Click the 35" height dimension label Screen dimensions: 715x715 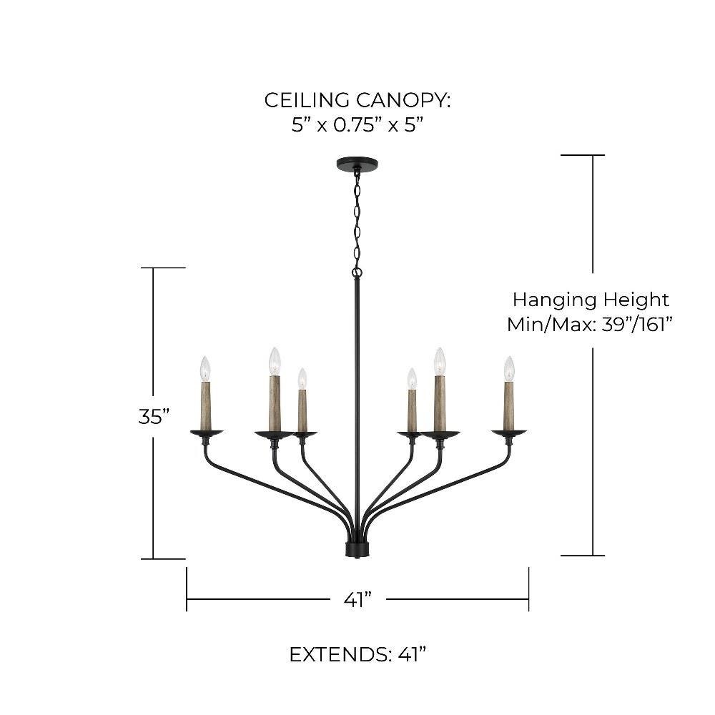[154, 416]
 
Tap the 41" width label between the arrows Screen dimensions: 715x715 [357, 598]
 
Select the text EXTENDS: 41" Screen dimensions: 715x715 [357, 654]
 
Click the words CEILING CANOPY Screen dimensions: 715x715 [357, 100]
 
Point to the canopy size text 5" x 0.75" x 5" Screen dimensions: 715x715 [357, 125]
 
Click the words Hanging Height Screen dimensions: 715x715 [591, 299]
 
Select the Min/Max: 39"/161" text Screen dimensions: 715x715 [591, 324]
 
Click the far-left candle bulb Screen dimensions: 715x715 [205, 368]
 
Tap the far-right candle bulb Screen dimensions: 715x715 [509, 368]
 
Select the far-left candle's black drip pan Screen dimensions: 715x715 [206, 432]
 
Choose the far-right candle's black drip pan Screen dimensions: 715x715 [509, 432]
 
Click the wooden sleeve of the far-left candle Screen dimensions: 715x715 [206, 405]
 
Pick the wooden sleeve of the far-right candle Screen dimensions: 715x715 [509, 405]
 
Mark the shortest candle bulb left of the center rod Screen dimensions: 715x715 [302, 378]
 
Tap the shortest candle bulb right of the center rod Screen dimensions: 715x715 [412, 378]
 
